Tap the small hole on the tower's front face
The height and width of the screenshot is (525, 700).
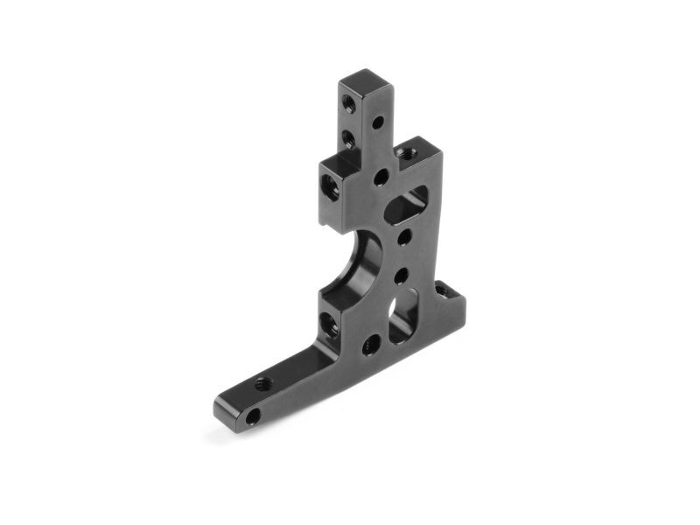coord(378,122)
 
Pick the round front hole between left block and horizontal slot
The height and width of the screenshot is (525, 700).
coord(381,178)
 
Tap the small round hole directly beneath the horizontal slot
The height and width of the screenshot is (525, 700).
coord(404,236)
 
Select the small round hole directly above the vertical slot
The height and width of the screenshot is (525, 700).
coord(401,276)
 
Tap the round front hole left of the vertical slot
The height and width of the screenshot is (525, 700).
coord(371,344)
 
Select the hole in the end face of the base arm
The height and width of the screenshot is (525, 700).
coord(252,417)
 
